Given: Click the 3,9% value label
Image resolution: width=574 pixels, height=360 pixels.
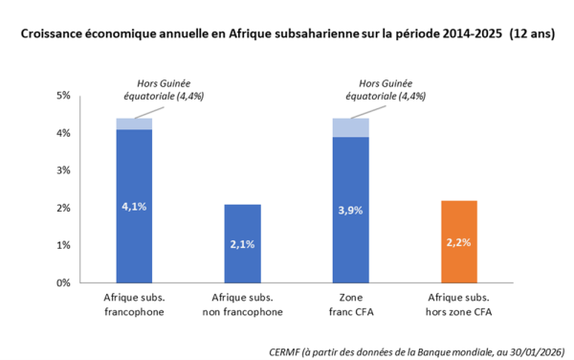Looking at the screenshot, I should click(350, 211).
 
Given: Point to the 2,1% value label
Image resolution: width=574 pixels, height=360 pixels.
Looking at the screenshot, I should click(242, 245).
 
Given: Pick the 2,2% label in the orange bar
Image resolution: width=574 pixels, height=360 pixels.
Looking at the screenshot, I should click(458, 243).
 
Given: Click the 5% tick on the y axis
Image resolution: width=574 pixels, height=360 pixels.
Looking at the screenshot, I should click(64, 96).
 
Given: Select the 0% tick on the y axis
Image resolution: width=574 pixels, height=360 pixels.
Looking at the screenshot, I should click(64, 283).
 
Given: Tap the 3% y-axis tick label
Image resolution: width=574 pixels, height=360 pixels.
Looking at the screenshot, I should click(64, 170).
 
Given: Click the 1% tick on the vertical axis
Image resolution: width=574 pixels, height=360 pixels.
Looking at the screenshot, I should click(64, 246).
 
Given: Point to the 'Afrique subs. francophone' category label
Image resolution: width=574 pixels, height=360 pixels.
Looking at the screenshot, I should click(133, 304).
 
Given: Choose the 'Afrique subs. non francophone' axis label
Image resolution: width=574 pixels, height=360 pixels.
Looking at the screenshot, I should click(242, 304).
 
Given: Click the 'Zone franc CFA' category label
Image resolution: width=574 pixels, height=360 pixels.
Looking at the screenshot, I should click(350, 304).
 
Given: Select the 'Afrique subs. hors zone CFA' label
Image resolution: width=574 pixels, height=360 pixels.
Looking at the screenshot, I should click(458, 304).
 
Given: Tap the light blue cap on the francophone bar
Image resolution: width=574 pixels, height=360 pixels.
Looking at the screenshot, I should click(133, 124).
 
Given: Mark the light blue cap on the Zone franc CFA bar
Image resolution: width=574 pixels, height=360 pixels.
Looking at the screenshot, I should click(350, 127).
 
